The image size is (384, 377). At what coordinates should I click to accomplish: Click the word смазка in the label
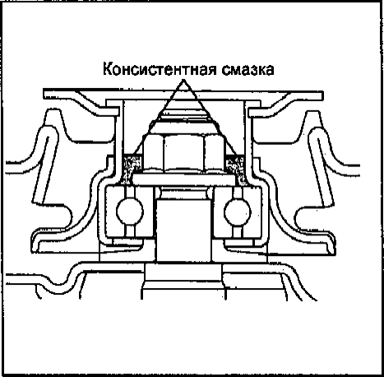tap(248, 69)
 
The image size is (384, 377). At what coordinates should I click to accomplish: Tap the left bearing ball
tap(130, 212)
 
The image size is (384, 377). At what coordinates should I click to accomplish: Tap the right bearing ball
tap(238, 212)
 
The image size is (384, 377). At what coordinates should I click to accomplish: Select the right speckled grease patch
tap(235, 169)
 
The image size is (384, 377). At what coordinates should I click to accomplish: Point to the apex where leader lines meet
tap(183, 80)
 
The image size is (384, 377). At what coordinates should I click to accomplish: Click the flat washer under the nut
tap(184, 179)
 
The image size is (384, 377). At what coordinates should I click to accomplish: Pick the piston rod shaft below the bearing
tap(184, 230)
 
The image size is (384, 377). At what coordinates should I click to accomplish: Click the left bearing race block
tap(130, 212)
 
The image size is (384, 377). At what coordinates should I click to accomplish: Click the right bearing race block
tap(238, 212)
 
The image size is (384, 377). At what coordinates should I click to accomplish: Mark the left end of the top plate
tap(44, 93)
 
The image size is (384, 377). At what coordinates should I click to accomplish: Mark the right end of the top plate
tap(322, 95)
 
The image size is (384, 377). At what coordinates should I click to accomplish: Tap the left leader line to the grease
tap(158, 119)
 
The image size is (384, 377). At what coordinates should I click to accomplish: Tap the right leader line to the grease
tap(210, 119)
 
